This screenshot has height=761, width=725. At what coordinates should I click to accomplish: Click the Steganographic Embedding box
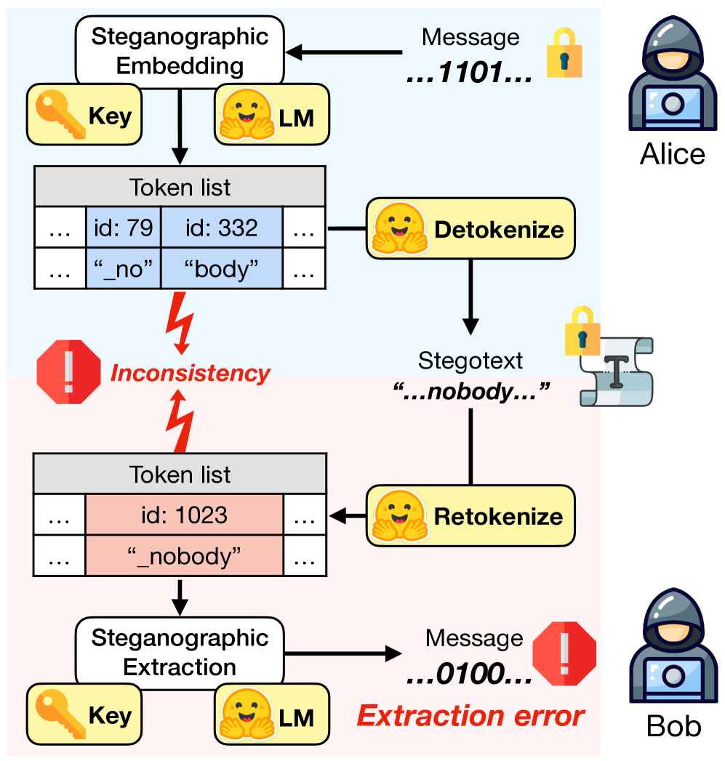coord(180,51)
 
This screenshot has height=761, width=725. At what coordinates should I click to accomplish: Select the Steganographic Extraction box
coord(180,652)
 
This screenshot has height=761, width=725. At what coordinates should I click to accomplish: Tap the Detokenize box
coord(470,230)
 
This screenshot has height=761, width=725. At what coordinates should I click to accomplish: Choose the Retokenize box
coord(470,517)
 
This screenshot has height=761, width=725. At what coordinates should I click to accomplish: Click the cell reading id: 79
coord(123,228)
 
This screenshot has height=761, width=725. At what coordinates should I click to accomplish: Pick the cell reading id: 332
coord(221,228)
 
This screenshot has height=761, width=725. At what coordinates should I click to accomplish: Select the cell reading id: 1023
coord(184,515)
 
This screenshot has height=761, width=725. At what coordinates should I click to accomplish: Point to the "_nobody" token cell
coord(184,557)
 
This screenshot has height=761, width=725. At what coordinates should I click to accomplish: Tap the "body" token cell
coord(221,269)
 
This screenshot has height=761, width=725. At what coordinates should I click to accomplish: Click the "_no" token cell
coord(123,269)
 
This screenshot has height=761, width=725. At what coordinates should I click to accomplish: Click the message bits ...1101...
coord(470,73)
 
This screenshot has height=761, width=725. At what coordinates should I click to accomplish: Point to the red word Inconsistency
coord(190,374)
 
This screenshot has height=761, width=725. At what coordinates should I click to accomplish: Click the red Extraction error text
coord(470,717)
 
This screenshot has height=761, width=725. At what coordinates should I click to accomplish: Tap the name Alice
coord(673,154)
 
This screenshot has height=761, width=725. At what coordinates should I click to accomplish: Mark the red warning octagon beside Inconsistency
coord(69,371)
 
